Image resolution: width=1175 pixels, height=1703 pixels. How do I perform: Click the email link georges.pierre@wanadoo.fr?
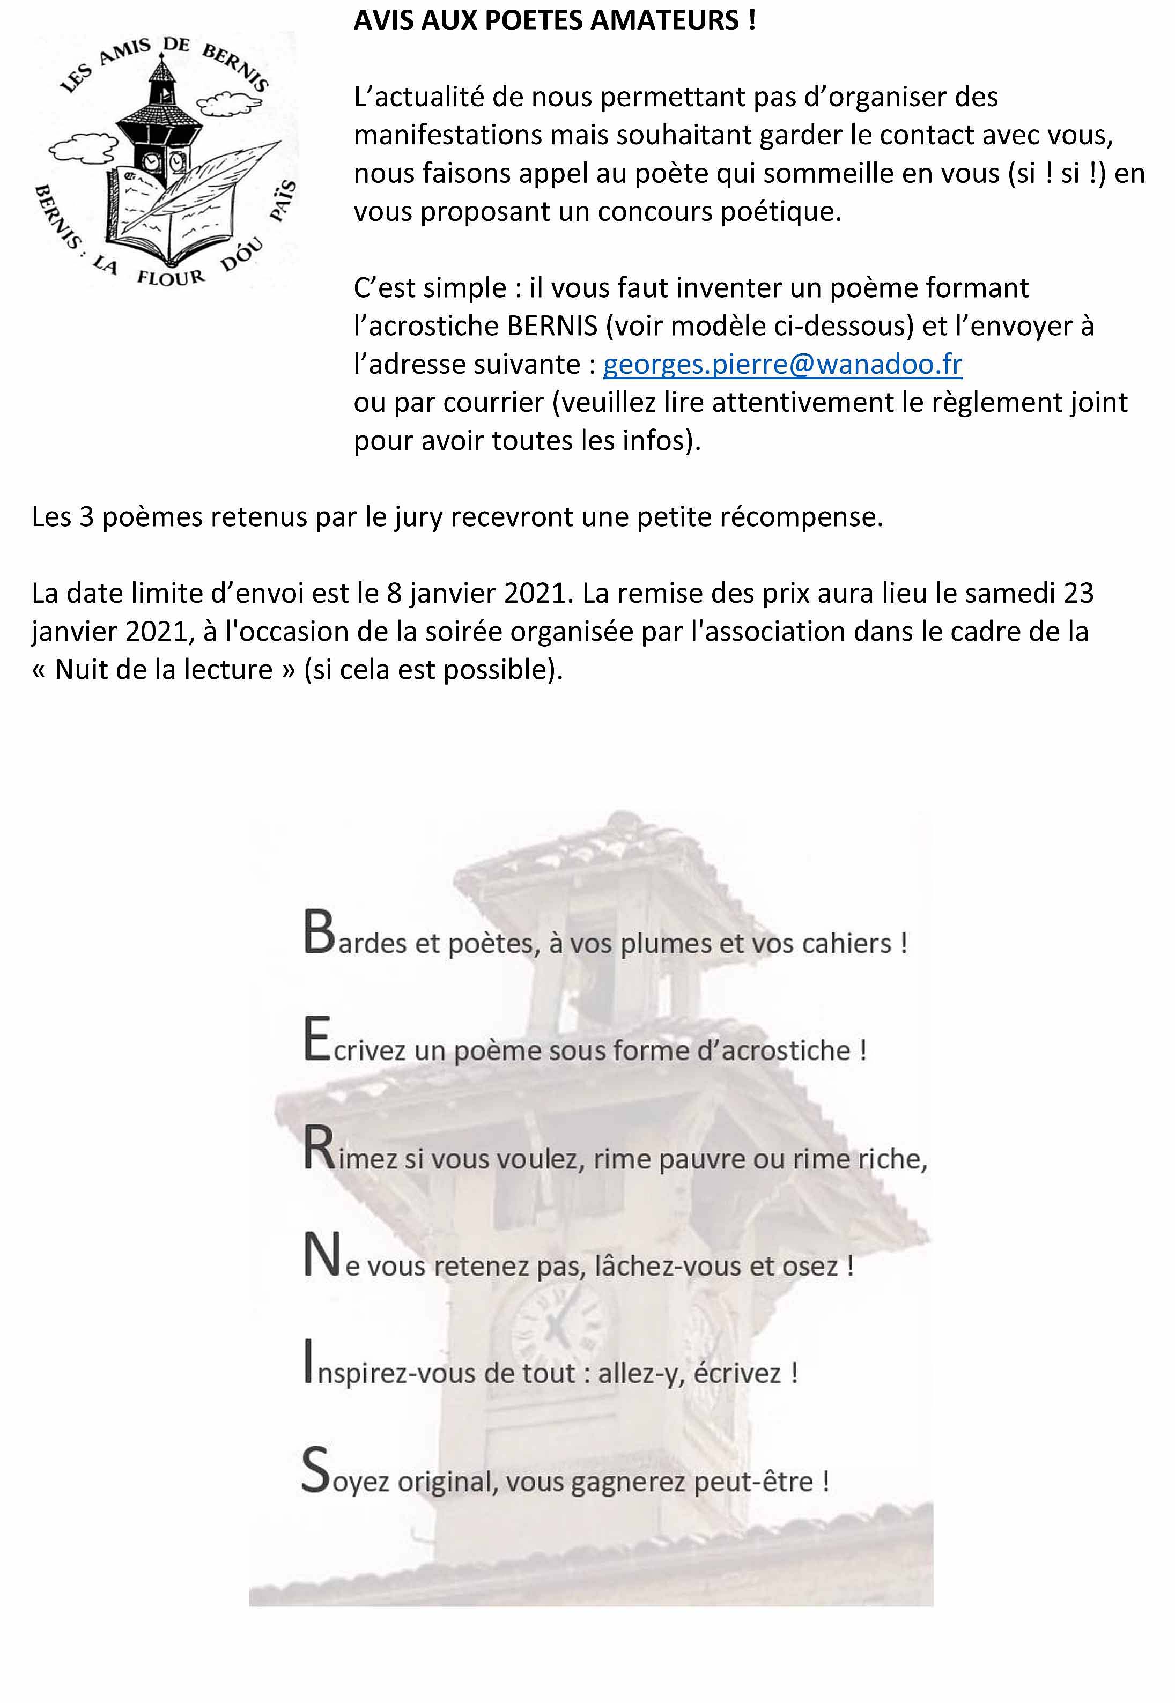pyautogui.click(x=782, y=364)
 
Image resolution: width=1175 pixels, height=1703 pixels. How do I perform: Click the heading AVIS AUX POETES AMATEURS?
pyautogui.click(x=555, y=20)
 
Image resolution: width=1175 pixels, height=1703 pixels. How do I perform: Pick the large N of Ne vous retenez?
pyautogui.click(x=322, y=1256)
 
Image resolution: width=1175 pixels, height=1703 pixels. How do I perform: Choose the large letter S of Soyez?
pyautogui.click(x=315, y=1470)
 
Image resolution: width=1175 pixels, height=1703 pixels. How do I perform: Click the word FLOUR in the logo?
pyautogui.click(x=171, y=277)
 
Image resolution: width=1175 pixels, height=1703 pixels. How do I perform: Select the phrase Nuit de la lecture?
pyautogui.click(x=164, y=670)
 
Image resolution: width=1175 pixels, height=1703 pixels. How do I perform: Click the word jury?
pyautogui.click(x=417, y=517)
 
